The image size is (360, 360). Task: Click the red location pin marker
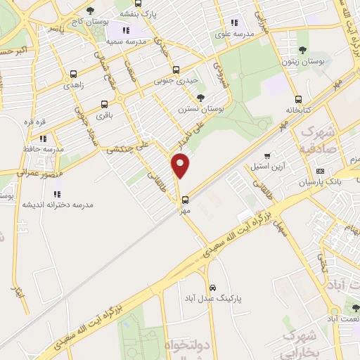181,165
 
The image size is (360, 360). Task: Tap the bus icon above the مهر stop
185,180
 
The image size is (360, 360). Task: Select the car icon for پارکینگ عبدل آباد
213,288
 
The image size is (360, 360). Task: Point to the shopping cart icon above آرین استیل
267,156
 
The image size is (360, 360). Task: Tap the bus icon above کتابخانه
299,99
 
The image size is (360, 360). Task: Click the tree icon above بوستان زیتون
302,50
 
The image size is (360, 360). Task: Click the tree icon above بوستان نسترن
201,98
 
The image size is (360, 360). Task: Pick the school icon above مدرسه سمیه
126,31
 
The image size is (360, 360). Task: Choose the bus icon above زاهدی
73,73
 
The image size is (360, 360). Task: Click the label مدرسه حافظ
44,149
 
